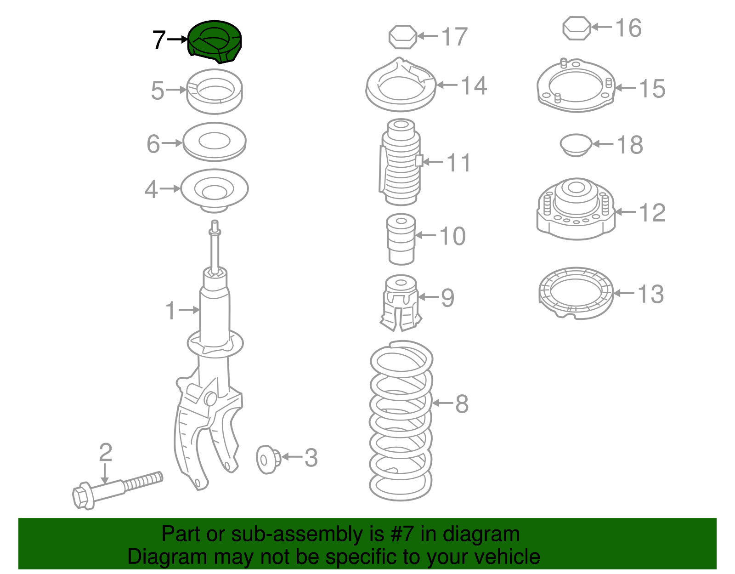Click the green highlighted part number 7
pyautogui.click(x=215, y=42)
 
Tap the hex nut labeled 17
pyautogui.click(x=402, y=36)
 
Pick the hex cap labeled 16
pyautogui.click(x=577, y=28)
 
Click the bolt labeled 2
pyautogui.click(x=117, y=490)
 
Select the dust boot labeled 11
pyautogui.click(x=401, y=162)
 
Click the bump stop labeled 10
pyautogui.click(x=401, y=239)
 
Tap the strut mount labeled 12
pyautogui.click(x=576, y=209)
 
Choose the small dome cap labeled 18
pyautogui.click(x=576, y=145)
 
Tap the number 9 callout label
pyautogui.click(x=447, y=298)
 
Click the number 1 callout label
pyautogui.click(x=170, y=311)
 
